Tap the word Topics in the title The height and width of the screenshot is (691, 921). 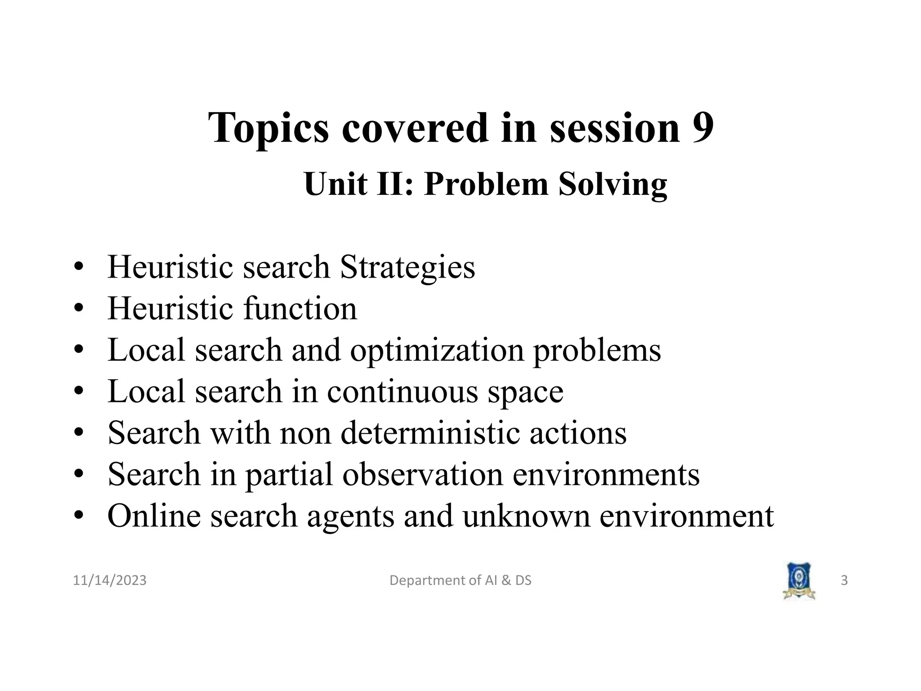268,129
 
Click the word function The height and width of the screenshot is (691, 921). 300,309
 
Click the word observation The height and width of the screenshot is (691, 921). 423,474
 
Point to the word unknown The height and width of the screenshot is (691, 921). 526,516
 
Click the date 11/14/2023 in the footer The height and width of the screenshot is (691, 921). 110,580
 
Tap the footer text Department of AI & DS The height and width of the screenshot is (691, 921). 460,580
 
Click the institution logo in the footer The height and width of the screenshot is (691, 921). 799,580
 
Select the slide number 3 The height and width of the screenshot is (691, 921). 844,580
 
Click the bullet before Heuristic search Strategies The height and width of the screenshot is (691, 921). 79,267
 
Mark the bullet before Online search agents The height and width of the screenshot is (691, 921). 79,516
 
